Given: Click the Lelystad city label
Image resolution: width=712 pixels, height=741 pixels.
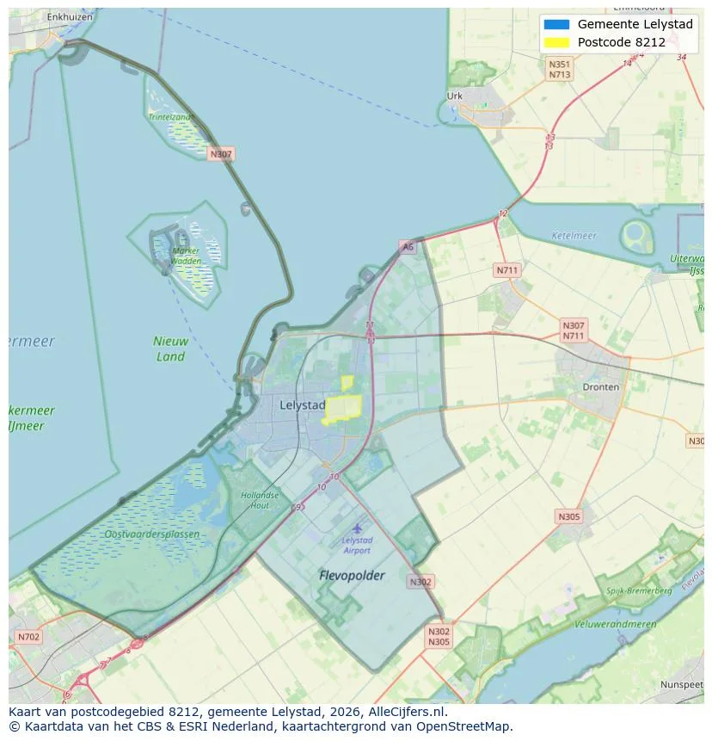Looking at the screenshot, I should click(x=303, y=404).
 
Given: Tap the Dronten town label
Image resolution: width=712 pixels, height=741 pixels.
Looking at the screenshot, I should click(x=600, y=387).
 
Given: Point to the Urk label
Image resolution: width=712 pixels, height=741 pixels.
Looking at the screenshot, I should click(x=455, y=96).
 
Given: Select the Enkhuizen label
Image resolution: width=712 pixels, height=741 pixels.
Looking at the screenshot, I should click(x=70, y=16).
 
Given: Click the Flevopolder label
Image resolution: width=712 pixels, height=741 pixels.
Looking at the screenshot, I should click(x=352, y=575).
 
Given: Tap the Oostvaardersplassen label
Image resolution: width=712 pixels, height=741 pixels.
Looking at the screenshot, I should click(x=151, y=534).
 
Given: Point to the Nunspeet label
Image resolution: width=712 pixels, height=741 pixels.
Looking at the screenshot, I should click(x=682, y=684).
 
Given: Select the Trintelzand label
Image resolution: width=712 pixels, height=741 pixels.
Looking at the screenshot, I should click(x=169, y=116).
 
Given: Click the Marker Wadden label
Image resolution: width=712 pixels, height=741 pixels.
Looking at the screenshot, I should click(x=186, y=256).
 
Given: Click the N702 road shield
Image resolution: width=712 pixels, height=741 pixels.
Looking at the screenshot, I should click(x=28, y=637).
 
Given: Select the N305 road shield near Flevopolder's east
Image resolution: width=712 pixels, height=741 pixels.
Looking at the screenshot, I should click(x=568, y=516).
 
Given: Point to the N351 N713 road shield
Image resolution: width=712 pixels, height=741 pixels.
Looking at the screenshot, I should click(x=560, y=69).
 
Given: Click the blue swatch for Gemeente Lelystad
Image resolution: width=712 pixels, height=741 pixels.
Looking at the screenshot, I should click(x=556, y=24).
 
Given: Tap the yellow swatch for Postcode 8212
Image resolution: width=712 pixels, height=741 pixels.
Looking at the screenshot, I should click(x=556, y=42).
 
